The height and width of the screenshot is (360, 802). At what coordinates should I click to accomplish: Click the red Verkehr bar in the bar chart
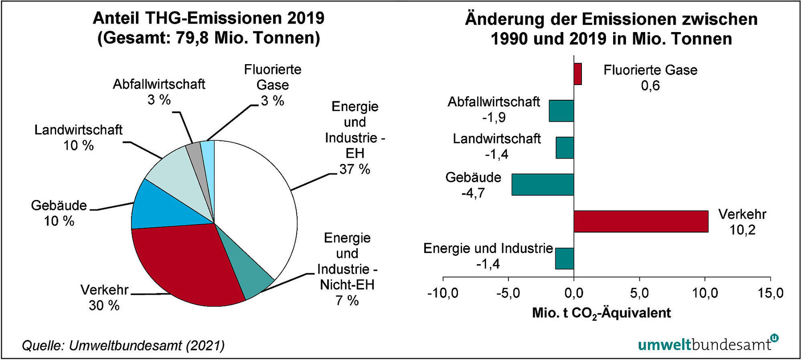640,221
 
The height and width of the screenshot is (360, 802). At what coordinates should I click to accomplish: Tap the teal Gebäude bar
542,184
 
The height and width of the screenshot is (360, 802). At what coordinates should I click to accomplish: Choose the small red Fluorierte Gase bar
577,74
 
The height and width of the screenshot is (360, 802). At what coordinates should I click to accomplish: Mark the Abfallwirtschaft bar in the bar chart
561,111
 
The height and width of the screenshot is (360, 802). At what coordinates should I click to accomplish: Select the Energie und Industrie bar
564,258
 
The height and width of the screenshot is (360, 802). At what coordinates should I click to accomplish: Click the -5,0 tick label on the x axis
508,293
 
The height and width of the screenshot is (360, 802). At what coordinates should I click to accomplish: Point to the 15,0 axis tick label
770,293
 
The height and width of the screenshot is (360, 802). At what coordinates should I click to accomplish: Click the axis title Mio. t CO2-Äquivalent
601,313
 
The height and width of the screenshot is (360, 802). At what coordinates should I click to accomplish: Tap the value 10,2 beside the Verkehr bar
742,230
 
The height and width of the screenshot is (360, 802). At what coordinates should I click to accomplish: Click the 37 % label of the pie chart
355,169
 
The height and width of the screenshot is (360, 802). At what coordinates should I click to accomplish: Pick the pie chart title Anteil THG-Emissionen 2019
209,19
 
